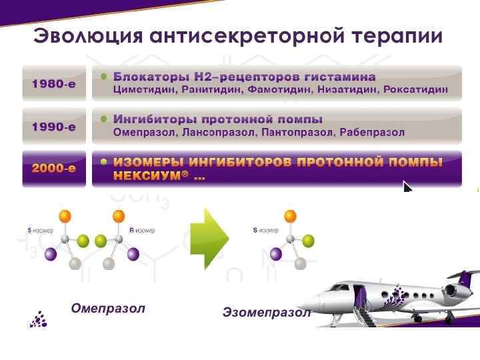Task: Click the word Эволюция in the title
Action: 87,36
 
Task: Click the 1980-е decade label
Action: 54,85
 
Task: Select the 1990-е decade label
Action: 54,126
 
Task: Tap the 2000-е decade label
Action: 54,168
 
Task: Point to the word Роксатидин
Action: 417,89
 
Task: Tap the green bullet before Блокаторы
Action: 103,77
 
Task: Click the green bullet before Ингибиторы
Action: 103,119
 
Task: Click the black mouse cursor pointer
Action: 407,187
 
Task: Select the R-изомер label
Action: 141,230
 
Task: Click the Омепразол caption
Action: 108,309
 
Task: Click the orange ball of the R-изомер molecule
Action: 119,216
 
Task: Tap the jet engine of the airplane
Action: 455,290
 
